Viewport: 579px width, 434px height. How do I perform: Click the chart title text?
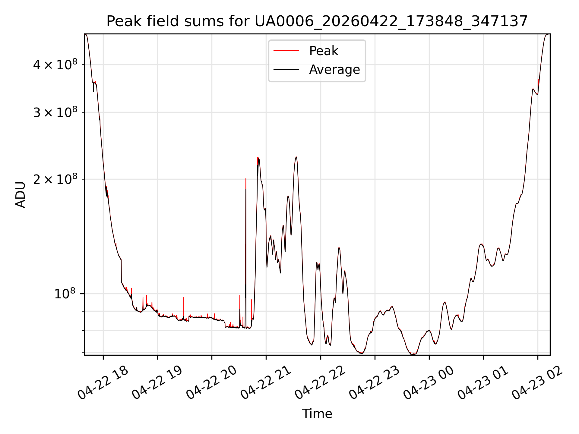(317, 21)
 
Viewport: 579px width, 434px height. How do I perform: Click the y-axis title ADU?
(21, 194)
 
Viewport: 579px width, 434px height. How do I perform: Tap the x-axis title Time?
(317, 414)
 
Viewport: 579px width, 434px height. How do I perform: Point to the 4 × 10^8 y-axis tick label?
(55, 64)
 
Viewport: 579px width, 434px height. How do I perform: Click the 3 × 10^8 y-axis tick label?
(55, 112)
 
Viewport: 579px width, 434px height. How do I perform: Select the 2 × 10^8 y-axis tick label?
(55, 179)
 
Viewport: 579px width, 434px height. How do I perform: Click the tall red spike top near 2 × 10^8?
(246, 179)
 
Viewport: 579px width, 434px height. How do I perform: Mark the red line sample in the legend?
(286, 51)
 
